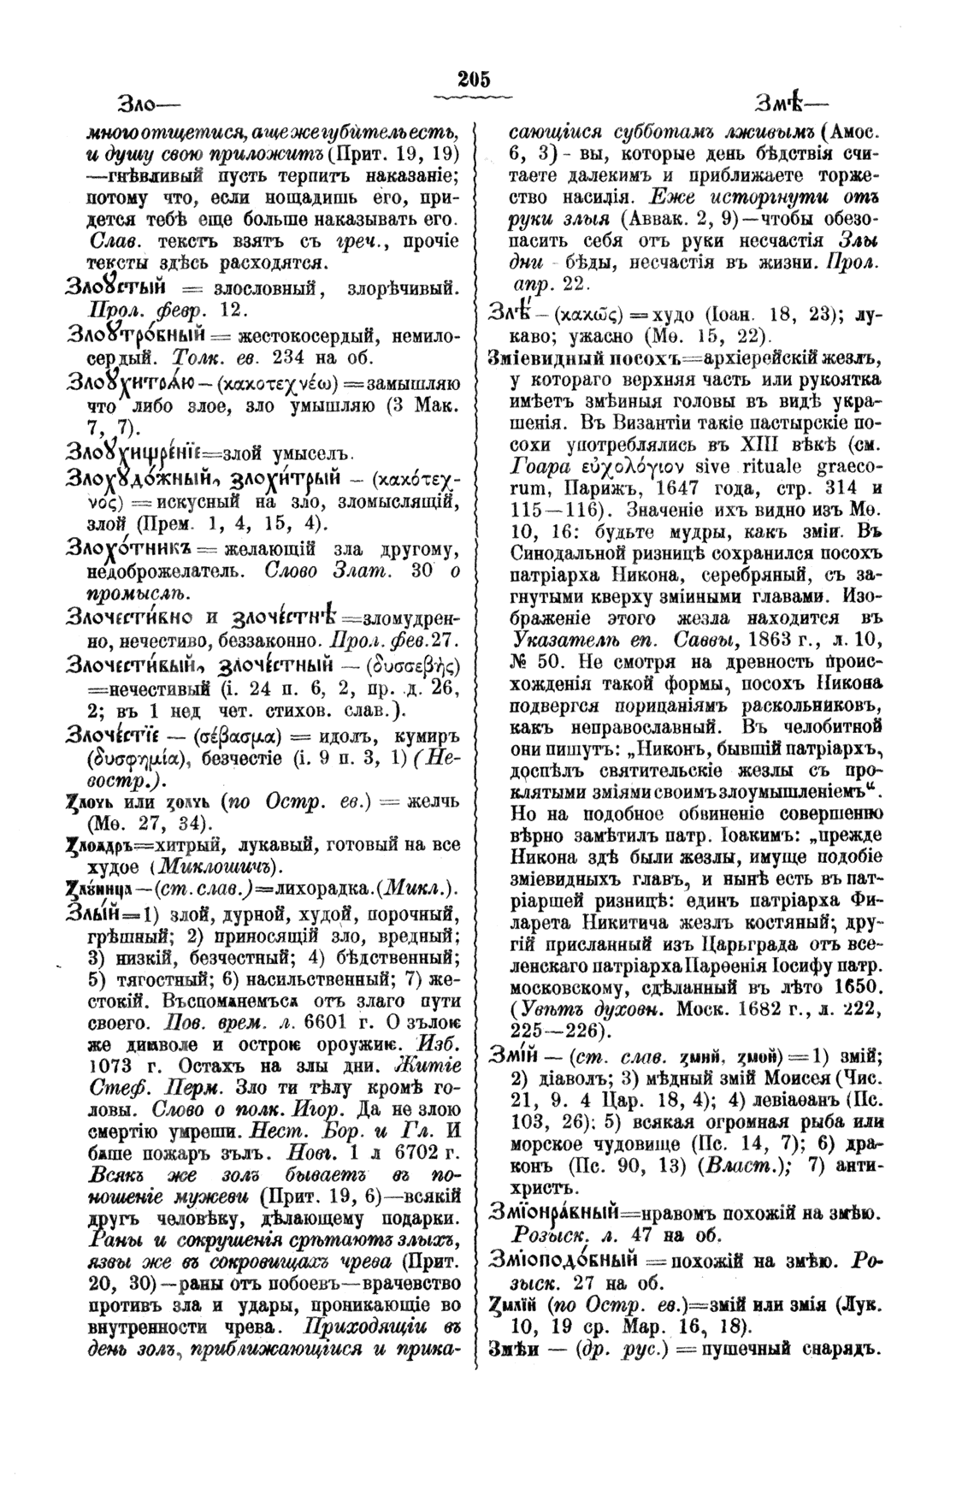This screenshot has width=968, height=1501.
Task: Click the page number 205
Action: click(474, 80)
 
